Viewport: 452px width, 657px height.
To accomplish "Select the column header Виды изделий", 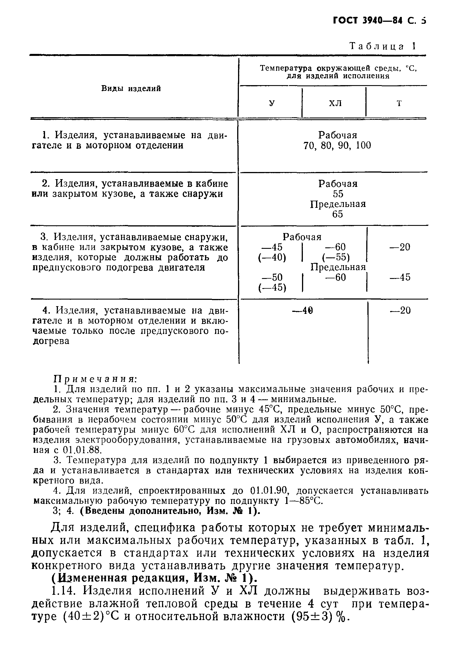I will tap(131, 89).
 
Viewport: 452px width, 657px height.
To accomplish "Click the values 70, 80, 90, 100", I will tap(337, 146).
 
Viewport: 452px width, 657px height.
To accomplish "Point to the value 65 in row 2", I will tap(338, 214).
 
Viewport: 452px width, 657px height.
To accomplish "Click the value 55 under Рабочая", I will tap(338, 194).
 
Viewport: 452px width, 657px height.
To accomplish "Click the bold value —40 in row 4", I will tap(301, 310).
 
